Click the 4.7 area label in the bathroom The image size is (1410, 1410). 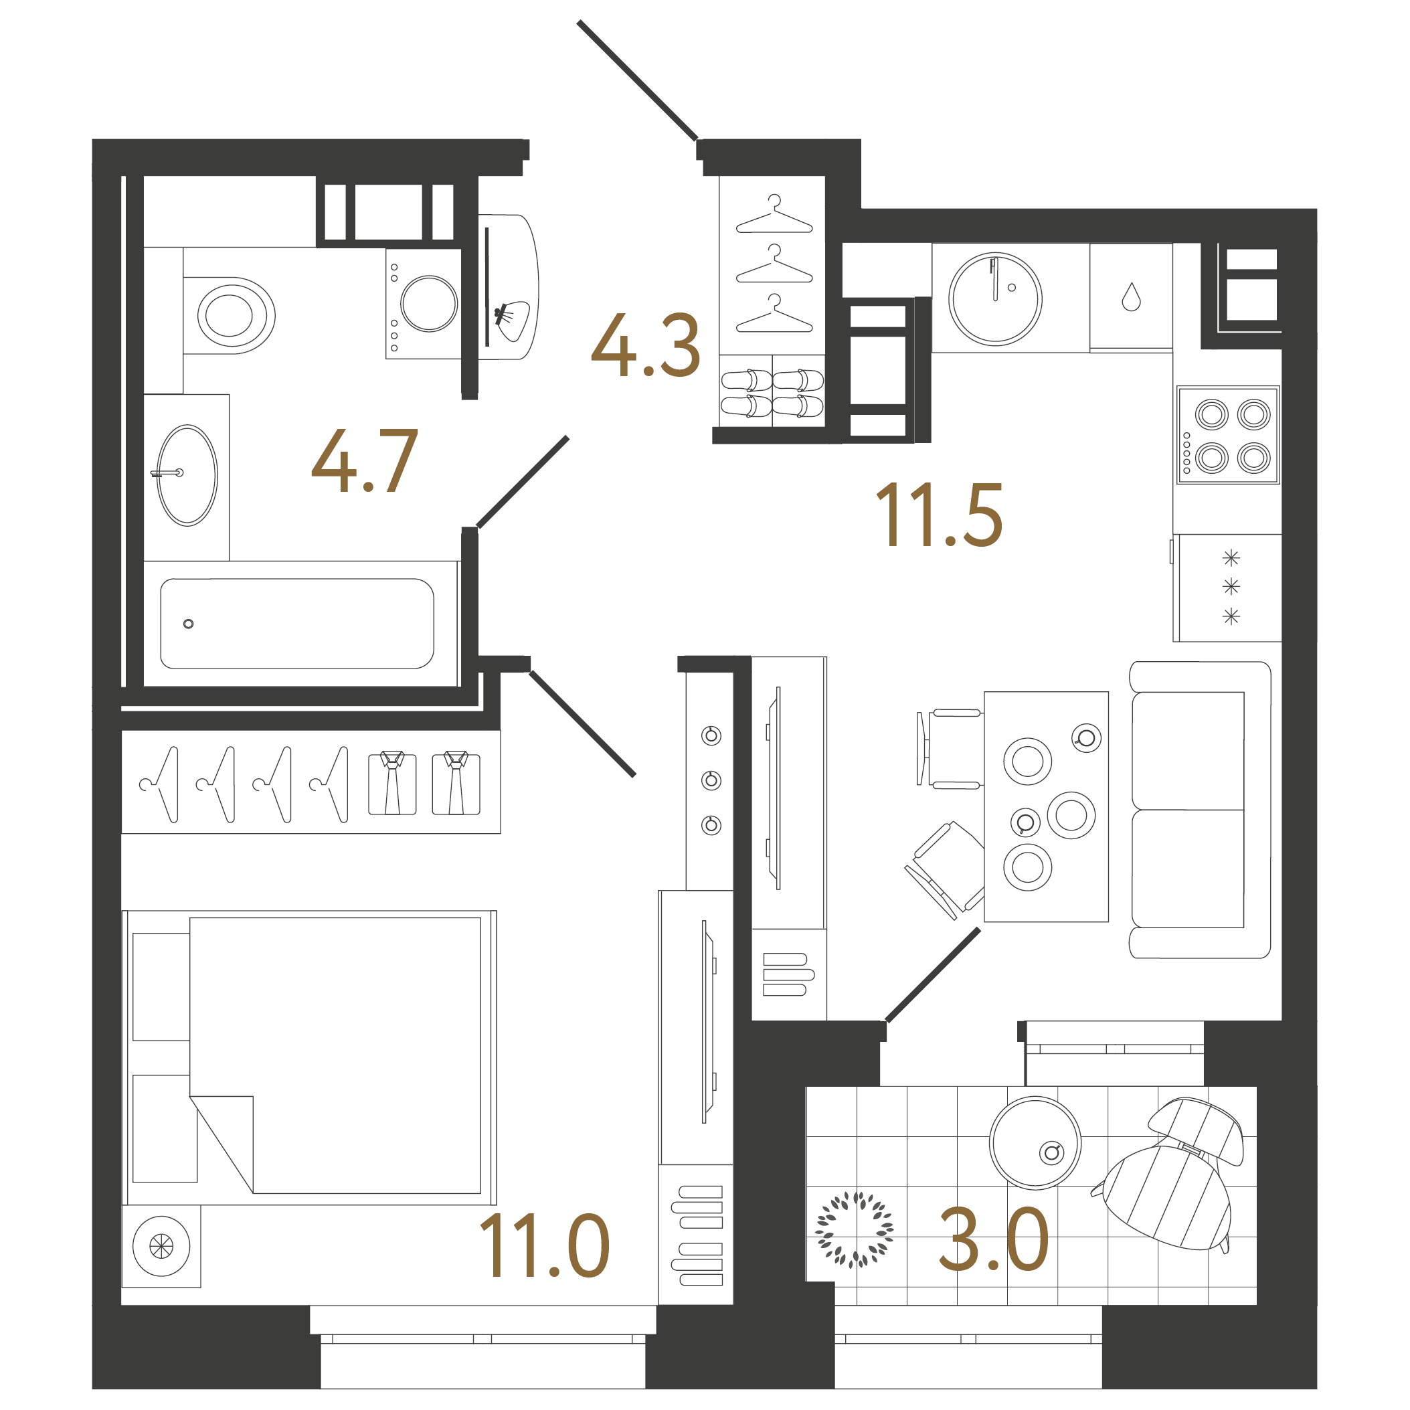364,461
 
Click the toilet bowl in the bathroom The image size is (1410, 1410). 231,315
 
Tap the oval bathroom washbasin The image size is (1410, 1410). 187,475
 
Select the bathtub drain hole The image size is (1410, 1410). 188,624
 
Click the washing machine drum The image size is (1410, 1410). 428,304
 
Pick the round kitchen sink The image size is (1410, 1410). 994,298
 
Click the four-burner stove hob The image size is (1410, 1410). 1227,435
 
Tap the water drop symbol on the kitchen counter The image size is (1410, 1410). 1131,297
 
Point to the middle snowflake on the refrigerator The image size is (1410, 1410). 1231,586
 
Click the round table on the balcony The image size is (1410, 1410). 1035,1143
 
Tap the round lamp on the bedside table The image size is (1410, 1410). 161,1246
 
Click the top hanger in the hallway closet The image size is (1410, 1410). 774,215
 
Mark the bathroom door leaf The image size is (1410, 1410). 523,482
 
